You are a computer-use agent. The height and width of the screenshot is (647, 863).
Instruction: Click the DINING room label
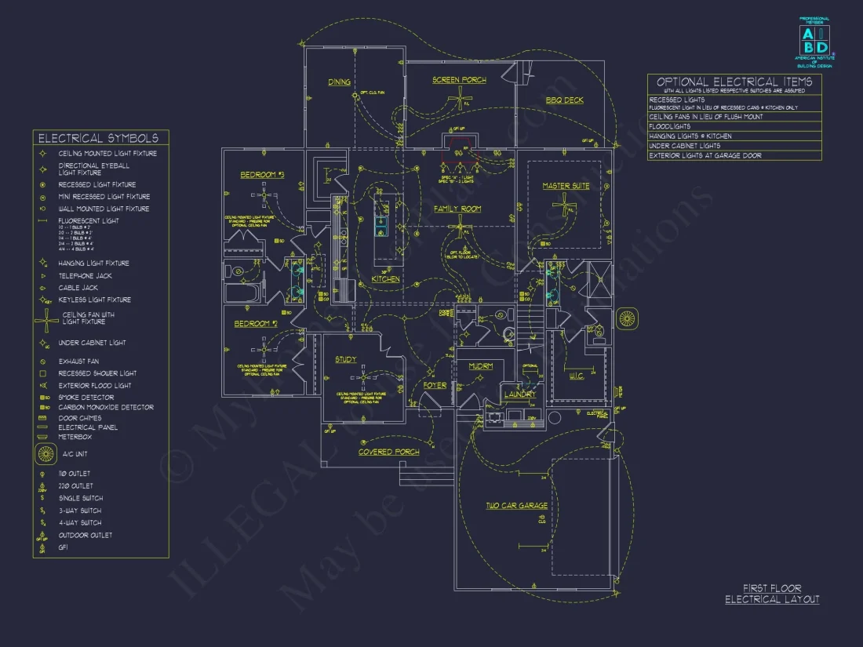(339, 82)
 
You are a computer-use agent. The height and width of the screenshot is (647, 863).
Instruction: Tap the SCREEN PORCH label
(459, 80)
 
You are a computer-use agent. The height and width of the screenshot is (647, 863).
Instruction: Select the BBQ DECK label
(564, 100)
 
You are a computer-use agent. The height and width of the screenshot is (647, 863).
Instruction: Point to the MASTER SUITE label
(566, 186)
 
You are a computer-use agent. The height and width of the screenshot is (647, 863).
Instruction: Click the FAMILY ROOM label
(457, 209)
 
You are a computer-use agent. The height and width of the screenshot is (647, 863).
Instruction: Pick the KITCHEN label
(385, 279)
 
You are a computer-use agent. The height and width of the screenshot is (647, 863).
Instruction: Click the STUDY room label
(345, 360)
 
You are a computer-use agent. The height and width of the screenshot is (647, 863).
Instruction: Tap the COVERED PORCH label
(388, 452)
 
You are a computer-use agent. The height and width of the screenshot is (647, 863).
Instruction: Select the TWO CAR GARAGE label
(516, 506)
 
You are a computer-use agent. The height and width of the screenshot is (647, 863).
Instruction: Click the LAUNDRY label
(519, 394)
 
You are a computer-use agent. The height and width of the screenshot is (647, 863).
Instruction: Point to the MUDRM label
(480, 366)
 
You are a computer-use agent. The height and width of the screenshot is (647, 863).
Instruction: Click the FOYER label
(435, 385)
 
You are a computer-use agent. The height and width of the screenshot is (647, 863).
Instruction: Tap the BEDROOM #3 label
(262, 174)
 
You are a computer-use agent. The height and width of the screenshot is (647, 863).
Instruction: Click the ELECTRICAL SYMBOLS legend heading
(100, 138)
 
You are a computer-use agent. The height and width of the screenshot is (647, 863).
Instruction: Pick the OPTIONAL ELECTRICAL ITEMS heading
(734, 82)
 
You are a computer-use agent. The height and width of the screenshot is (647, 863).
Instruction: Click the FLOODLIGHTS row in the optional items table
(670, 126)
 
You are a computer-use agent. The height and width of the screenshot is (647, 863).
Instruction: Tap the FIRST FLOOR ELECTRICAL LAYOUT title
(772, 594)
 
